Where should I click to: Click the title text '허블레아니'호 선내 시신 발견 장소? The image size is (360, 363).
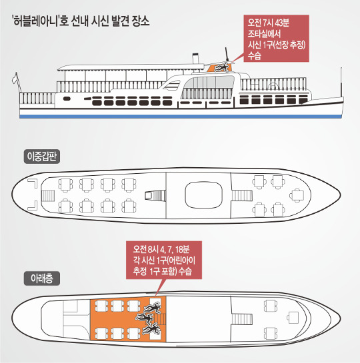[81, 21]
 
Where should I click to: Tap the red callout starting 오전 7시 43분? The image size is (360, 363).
[276, 39]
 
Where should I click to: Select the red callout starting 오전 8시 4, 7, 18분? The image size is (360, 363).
[164, 260]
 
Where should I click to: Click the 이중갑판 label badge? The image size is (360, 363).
[42, 157]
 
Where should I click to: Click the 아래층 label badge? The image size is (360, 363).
[42, 278]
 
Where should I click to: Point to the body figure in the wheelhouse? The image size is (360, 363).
[221, 67]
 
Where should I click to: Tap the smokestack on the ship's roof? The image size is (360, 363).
[195, 59]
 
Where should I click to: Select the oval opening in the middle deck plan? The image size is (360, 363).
[203, 195]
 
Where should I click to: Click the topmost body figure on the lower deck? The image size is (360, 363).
[152, 307]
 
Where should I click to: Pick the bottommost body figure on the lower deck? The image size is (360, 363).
[151, 329]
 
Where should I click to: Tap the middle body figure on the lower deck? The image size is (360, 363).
[145, 318]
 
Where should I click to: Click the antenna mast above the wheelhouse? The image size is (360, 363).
[227, 55]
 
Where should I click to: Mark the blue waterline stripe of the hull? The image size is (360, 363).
[181, 117]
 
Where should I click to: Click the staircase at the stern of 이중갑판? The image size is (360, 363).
[48, 196]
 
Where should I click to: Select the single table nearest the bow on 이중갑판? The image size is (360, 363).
[297, 195]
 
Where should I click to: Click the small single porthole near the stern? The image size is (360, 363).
[67, 99]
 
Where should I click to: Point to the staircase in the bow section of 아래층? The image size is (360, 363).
[242, 319]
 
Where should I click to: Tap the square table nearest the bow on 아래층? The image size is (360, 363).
[293, 318]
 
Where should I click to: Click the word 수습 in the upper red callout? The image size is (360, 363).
[255, 55]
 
